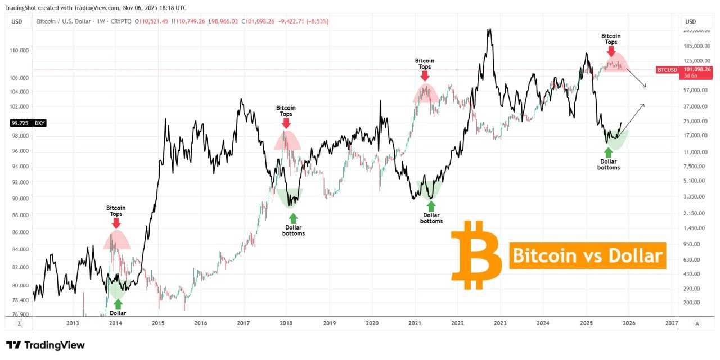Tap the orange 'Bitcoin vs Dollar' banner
pos(587,256)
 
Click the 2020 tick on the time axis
pos(372,323)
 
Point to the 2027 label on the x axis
pos(672,323)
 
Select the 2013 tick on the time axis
pos(73,323)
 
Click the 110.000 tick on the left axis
pos(19,50)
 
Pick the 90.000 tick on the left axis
pos(19,199)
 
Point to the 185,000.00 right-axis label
pos(697,46)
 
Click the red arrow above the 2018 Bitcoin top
pos(286,123)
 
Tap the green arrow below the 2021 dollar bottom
pos(431,206)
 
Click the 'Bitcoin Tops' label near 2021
pos(425,63)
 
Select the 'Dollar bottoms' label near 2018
pos(294,230)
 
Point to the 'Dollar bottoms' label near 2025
pos(609,164)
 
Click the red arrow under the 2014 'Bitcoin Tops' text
pos(116,223)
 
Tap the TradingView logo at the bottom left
pos(45,345)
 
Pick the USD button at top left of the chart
pos(17,21)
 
